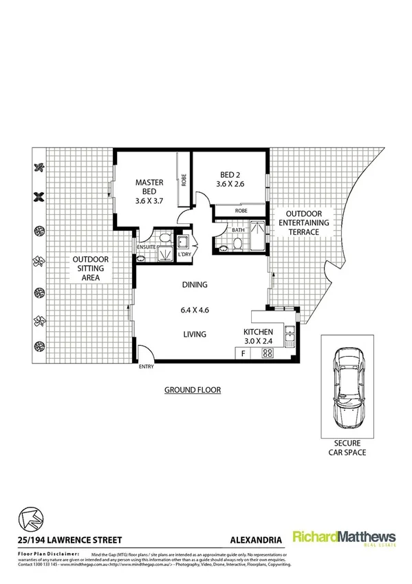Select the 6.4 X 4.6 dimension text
pos(195,310)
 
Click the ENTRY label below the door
pos(147,367)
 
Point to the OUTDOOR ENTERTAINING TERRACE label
pos(303,223)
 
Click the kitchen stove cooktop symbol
pos(266,353)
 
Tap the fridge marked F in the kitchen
pos(243,353)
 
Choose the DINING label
pos(195,284)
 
